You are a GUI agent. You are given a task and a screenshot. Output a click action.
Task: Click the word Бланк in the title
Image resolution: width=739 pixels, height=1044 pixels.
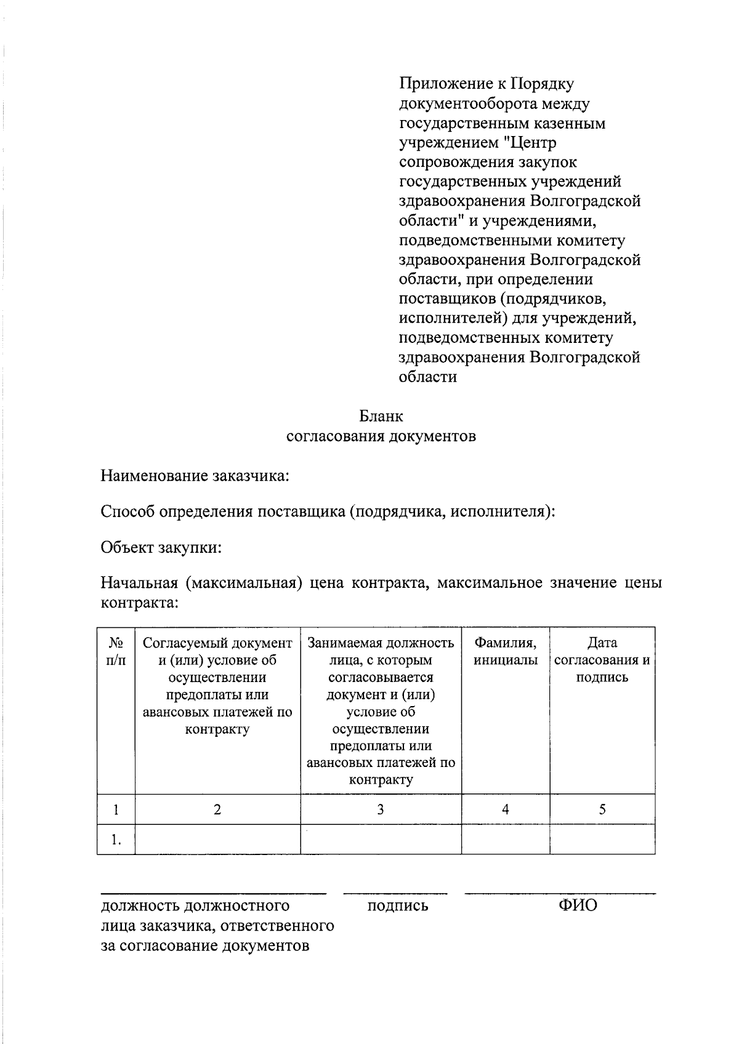381,417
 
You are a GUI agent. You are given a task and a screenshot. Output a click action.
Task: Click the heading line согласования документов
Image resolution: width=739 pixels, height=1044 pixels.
381,436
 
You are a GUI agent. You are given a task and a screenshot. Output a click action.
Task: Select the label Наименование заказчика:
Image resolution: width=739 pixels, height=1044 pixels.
195,476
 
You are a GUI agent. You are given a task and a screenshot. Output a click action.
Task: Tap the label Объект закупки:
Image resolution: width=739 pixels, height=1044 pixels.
161,547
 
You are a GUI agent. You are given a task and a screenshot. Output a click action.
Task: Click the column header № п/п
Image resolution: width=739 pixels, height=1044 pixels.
116,651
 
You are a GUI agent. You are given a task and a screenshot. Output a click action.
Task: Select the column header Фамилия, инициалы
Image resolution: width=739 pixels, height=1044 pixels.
505,651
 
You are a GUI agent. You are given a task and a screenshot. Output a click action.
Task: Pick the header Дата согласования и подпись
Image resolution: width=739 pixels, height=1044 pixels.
602,660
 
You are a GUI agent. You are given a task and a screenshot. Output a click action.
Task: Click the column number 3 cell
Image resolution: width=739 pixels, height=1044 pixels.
381,809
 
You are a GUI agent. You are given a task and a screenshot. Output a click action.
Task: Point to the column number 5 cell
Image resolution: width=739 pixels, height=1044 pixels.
602,809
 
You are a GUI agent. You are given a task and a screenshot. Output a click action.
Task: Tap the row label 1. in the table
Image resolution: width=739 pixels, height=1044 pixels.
116,840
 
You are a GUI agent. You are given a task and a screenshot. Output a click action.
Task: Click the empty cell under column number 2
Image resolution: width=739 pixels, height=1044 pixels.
217,840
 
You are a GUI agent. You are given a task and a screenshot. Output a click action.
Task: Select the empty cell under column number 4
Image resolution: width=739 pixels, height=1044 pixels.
505,840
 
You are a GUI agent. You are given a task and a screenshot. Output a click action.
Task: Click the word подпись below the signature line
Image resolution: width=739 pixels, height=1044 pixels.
397,906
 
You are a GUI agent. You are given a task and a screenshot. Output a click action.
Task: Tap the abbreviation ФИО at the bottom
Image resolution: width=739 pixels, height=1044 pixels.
577,905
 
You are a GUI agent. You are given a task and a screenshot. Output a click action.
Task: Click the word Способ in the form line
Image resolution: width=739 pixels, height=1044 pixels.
127,512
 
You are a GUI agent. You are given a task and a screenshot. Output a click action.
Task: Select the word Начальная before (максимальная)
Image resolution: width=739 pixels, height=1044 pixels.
139,582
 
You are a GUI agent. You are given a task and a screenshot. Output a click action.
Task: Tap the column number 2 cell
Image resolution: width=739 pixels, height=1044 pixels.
217,809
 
